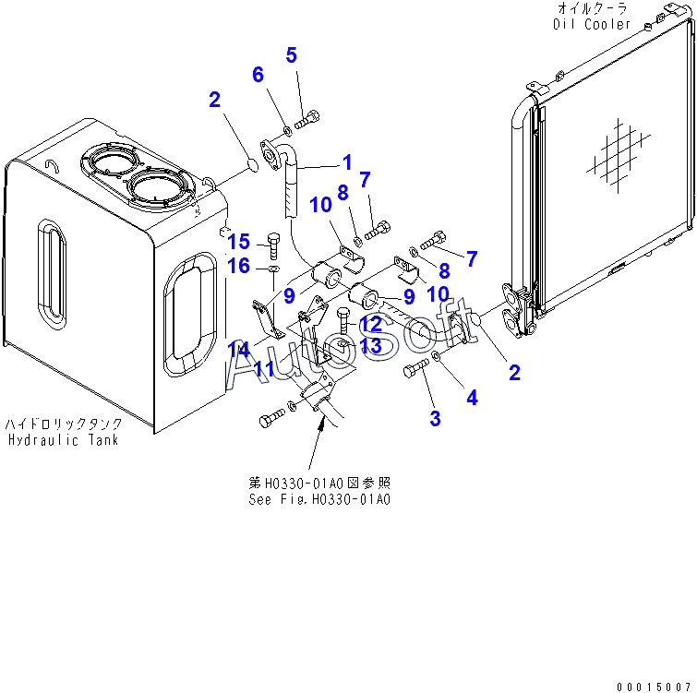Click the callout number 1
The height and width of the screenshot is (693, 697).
(x=347, y=162)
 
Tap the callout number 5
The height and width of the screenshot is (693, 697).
(x=291, y=55)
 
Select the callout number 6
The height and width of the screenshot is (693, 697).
(x=258, y=74)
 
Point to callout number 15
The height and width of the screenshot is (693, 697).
(x=239, y=242)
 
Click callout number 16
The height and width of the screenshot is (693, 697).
(x=239, y=266)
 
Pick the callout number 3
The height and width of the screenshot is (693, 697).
(x=435, y=418)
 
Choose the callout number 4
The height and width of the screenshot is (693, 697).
(x=472, y=397)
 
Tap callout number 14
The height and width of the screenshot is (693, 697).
(x=239, y=350)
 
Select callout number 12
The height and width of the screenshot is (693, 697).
(x=371, y=324)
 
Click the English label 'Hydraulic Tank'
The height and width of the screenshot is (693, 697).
(x=63, y=440)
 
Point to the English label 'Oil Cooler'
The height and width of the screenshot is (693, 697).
(x=592, y=24)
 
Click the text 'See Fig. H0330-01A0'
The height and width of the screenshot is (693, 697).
(x=319, y=499)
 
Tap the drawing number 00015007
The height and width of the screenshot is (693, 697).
(x=653, y=687)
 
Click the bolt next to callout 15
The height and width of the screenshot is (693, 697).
(x=273, y=245)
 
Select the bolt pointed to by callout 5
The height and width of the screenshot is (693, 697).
(x=307, y=119)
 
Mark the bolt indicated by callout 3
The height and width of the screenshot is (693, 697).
(x=415, y=368)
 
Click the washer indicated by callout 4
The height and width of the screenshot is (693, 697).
(x=437, y=356)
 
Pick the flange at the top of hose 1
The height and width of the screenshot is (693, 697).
(x=270, y=154)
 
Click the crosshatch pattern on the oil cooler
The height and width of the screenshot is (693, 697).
(x=618, y=155)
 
